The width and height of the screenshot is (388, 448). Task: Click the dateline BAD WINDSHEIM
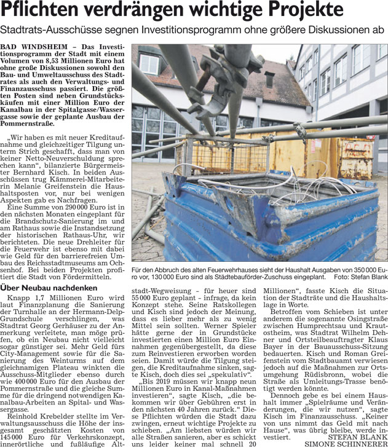[33, 48]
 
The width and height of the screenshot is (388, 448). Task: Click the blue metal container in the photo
[264, 215]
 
